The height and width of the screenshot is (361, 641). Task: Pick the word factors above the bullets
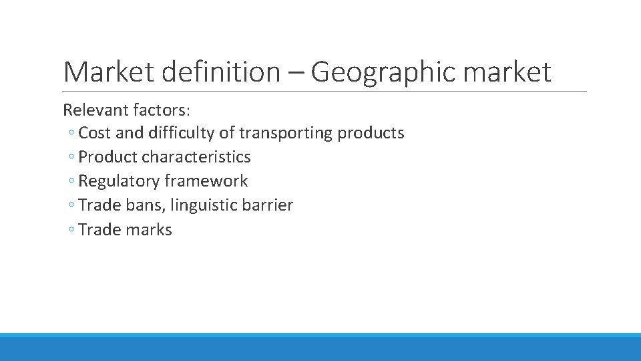(154, 109)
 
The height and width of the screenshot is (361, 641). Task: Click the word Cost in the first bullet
(94, 133)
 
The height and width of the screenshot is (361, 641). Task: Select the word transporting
(286, 133)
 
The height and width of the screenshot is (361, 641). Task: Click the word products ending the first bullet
(371, 133)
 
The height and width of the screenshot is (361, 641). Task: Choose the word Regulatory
(119, 181)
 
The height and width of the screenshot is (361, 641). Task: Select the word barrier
(267, 205)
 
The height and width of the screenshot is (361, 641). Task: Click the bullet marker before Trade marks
(71, 231)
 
